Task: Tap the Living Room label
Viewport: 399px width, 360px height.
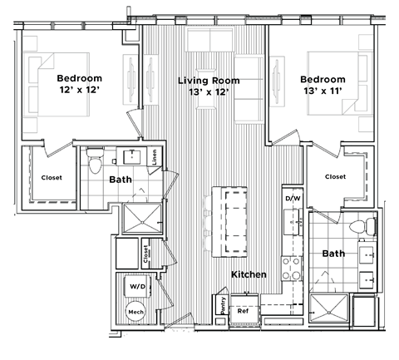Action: pyautogui.click(x=209, y=81)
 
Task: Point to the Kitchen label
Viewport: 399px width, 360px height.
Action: pyautogui.click(x=248, y=274)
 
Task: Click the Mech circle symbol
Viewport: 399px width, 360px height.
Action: pyautogui.click(x=135, y=313)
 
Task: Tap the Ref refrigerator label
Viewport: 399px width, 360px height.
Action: pyautogui.click(x=244, y=311)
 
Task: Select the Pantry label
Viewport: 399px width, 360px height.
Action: pyautogui.click(x=222, y=305)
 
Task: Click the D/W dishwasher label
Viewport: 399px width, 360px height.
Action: pyautogui.click(x=292, y=200)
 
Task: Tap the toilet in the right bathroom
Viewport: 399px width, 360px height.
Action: pyautogui.click(x=359, y=226)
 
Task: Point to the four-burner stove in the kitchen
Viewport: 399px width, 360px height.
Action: pyautogui.click(x=293, y=268)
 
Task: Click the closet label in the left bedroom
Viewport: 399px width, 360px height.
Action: pyautogui.click(x=52, y=177)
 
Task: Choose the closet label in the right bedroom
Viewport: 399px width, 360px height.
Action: pyautogui.click(x=335, y=176)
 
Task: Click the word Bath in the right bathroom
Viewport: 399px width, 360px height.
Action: pyautogui.click(x=333, y=254)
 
